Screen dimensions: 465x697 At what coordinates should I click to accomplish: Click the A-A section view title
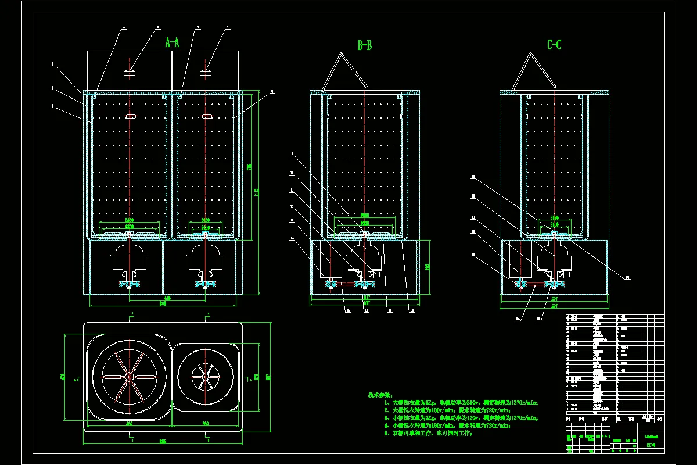(173, 43)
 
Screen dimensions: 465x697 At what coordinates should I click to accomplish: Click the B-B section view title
(364, 45)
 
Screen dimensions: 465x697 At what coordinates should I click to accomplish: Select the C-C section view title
(554, 45)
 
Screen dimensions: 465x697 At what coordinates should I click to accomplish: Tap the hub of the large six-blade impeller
(129, 377)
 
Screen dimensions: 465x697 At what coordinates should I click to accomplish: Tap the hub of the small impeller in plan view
(205, 377)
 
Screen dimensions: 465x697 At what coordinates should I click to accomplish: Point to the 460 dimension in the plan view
(129, 424)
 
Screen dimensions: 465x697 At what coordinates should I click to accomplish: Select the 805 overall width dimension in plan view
(163, 442)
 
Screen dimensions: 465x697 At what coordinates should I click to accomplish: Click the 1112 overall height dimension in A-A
(256, 192)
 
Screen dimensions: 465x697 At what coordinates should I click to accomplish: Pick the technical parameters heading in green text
(380, 395)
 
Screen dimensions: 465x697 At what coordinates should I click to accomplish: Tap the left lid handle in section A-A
(129, 73)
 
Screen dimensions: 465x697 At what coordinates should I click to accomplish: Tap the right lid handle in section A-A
(206, 73)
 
